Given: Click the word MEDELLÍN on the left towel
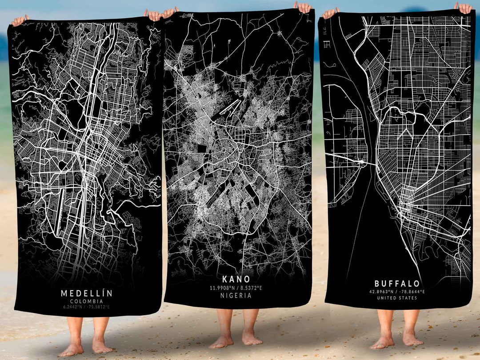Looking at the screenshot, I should click(86, 293).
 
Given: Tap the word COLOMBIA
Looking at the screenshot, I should click(86, 301).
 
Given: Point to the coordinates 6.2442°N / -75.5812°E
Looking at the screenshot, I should click(86, 307).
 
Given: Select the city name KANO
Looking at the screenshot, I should click(236, 280).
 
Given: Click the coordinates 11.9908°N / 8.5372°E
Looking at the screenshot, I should click(236, 288).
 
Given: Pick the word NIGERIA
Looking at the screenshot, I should click(236, 296).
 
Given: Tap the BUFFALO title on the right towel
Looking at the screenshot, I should click(397, 284).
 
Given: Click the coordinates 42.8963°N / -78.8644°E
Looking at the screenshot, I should click(397, 292).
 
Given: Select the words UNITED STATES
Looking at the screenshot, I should click(397, 298).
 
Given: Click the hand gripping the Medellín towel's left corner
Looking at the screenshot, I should click(20, 20).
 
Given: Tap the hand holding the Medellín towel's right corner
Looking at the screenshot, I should click(153, 15).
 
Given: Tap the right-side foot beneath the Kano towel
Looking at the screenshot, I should click(252, 339).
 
